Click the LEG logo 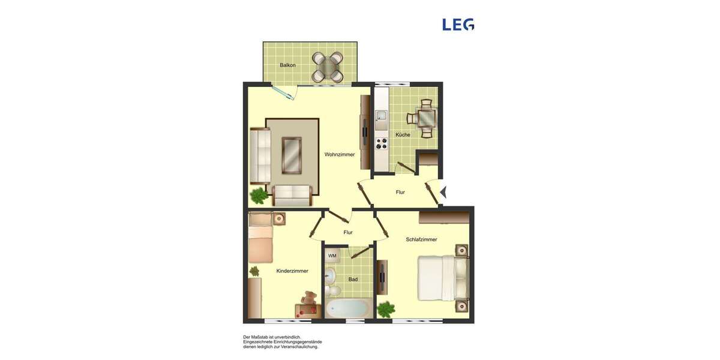click(458, 25)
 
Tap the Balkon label click(287, 65)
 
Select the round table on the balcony click(328, 67)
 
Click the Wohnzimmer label click(340, 154)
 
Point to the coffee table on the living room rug click(292, 155)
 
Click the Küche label click(403, 135)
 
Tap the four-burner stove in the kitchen click(381, 143)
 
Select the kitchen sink click(381, 117)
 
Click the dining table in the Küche click(427, 118)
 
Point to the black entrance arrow click(443, 193)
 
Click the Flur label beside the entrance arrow click(400, 193)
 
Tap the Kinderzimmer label click(292, 271)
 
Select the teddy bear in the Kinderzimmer click(310, 298)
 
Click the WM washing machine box click(332, 256)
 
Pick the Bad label click(353, 280)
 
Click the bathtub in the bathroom click(347, 308)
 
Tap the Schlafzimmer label click(421, 239)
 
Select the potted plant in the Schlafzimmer click(386, 310)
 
